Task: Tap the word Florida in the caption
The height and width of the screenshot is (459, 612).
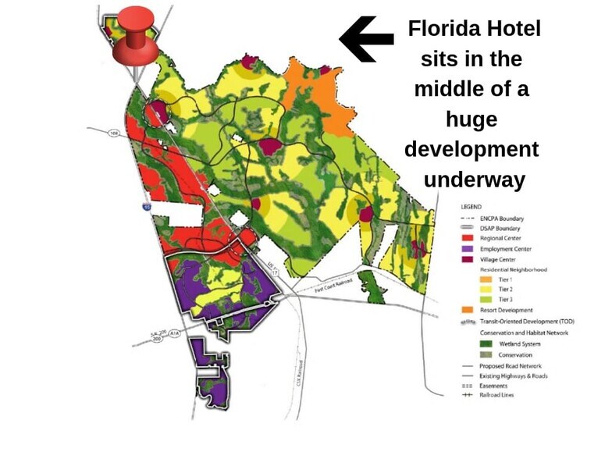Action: (x=441, y=30)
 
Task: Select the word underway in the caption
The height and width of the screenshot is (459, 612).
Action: (x=473, y=179)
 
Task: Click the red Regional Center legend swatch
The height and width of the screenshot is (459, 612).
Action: (x=468, y=238)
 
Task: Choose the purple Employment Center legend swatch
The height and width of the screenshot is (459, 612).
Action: (x=468, y=249)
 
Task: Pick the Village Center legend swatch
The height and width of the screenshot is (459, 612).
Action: (x=468, y=259)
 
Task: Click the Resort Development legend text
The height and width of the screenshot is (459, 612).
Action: (x=507, y=311)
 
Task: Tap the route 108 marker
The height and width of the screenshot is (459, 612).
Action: (x=114, y=133)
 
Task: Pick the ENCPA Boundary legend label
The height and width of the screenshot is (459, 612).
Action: (x=503, y=219)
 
